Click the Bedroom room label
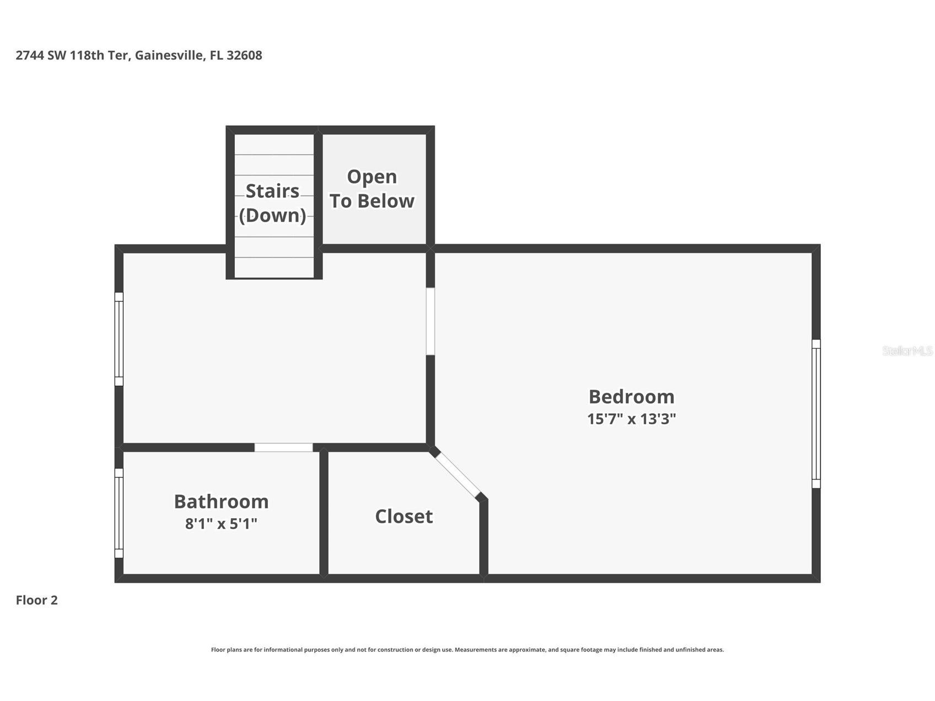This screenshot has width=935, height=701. (x=631, y=397)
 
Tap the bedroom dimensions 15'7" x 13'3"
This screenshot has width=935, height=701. (x=631, y=419)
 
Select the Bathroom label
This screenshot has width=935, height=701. (x=221, y=502)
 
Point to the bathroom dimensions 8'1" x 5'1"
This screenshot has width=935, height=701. (x=221, y=524)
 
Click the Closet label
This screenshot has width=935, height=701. (x=404, y=516)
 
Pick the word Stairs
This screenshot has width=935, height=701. (x=272, y=191)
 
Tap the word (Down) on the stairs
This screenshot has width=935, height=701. (x=272, y=215)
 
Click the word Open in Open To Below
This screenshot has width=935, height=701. (x=372, y=177)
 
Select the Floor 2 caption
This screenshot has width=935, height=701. (x=36, y=600)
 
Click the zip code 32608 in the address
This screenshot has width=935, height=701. (x=244, y=55)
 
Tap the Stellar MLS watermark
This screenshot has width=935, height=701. (x=907, y=350)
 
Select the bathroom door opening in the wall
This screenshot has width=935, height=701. (x=283, y=447)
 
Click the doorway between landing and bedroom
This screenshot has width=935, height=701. (x=431, y=321)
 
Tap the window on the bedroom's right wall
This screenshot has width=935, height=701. (x=816, y=414)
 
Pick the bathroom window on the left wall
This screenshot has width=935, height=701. (x=119, y=513)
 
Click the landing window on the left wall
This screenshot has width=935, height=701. (x=119, y=339)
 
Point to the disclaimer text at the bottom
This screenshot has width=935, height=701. (x=467, y=650)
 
